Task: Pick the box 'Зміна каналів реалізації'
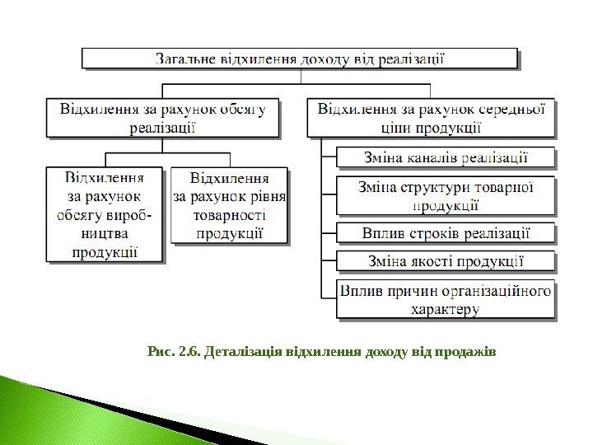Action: (446, 157)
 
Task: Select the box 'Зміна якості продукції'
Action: (446, 261)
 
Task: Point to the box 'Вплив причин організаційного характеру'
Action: (446, 298)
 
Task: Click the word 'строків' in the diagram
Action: (435, 232)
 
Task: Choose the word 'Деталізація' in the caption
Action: (241, 354)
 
